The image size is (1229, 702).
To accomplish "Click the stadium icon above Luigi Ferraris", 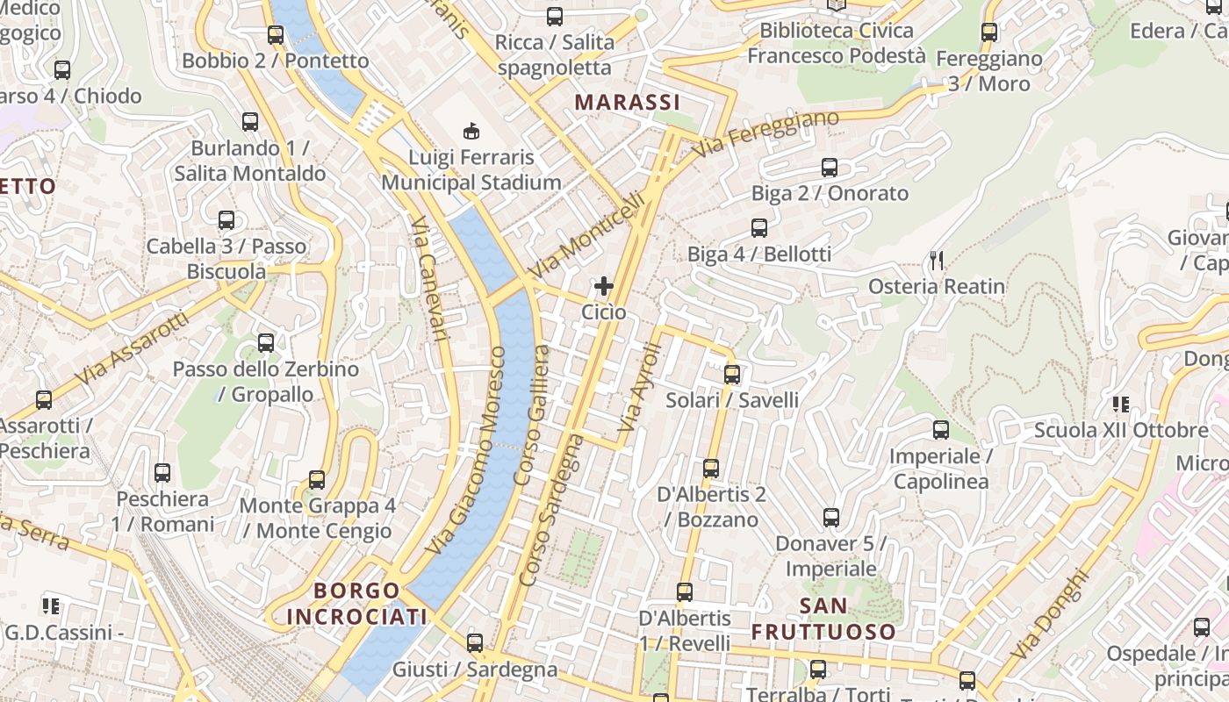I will [471, 132].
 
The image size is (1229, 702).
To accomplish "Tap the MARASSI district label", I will [628, 102].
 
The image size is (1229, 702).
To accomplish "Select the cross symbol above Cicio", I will [604, 286].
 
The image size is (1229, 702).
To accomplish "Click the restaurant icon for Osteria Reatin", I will [937, 260].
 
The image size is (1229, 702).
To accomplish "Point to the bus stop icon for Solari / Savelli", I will [732, 375].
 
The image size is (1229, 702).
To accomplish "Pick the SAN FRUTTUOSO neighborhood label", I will [823, 619].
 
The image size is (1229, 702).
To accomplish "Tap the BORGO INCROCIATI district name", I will [356, 604].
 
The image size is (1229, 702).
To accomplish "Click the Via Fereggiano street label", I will [765, 134].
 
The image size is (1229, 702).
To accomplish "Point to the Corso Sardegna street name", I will [551, 509].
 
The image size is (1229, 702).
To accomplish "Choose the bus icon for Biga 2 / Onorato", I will [830, 167].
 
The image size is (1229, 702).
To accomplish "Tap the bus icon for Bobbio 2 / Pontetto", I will [276, 35].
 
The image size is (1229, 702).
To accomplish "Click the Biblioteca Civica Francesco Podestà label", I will [836, 43].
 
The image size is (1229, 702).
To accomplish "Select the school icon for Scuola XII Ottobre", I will [1120, 405].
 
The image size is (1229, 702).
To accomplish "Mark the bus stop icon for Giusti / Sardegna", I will [475, 643].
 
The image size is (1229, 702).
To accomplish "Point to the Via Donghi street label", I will [1049, 615].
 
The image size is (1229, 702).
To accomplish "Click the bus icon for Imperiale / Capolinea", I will [941, 430].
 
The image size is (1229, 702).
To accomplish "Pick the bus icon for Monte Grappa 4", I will [317, 480].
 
